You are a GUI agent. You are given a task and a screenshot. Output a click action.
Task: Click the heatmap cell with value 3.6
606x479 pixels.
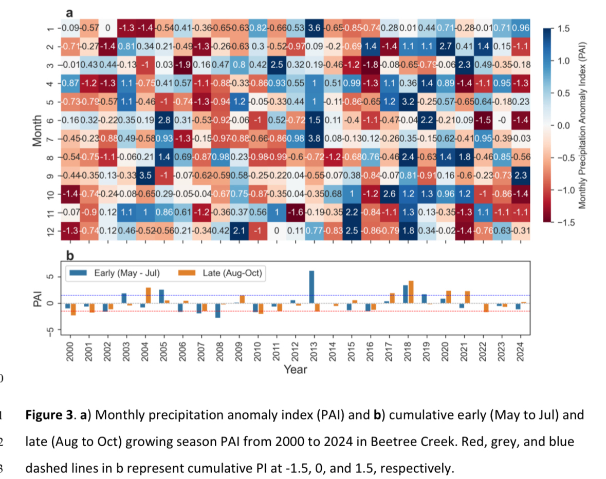314,27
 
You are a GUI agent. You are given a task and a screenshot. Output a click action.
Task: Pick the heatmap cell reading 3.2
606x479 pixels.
408,101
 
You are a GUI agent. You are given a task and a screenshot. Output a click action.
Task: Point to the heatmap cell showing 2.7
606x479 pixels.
445,46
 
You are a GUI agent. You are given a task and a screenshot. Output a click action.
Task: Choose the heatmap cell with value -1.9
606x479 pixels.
182,64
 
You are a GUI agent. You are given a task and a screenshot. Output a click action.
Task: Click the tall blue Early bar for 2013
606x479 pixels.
311,287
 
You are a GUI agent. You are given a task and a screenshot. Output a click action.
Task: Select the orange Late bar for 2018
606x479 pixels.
411,292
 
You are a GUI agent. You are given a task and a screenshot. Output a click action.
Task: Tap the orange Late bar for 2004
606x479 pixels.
148,295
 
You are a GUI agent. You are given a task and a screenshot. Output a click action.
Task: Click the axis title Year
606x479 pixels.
295,369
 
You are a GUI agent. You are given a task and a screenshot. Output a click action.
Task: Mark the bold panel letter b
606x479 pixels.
70,254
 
